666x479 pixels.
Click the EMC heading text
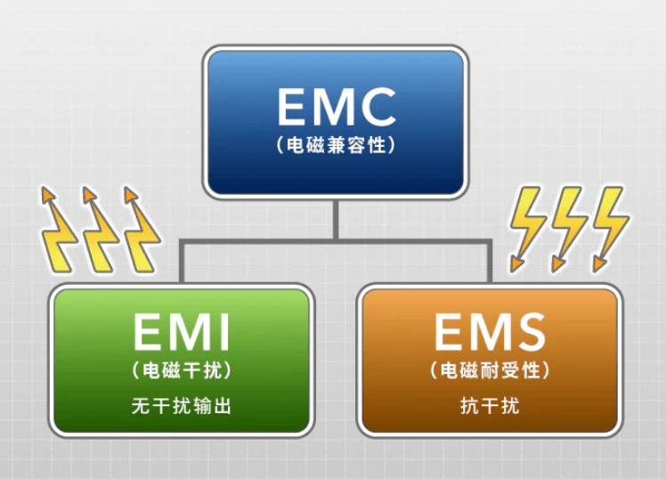pyautogui.click(x=336, y=107)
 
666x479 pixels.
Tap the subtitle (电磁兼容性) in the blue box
pyautogui.click(x=336, y=144)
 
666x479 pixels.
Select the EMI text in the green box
pyautogui.click(x=182, y=333)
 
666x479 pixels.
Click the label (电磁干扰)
pyautogui.click(x=182, y=369)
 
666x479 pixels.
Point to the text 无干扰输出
pyautogui.click(x=182, y=406)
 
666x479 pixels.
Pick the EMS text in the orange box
pyautogui.click(x=490, y=333)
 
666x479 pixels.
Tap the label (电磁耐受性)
pyautogui.click(x=490, y=369)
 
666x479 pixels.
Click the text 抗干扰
pyautogui.click(x=490, y=406)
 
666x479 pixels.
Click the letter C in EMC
pyautogui.click(x=376, y=107)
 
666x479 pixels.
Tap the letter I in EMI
pyautogui.click(x=223, y=333)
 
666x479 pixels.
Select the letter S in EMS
pyautogui.click(x=527, y=333)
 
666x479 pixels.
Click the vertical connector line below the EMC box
pyautogui.click(x=336, y=219)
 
